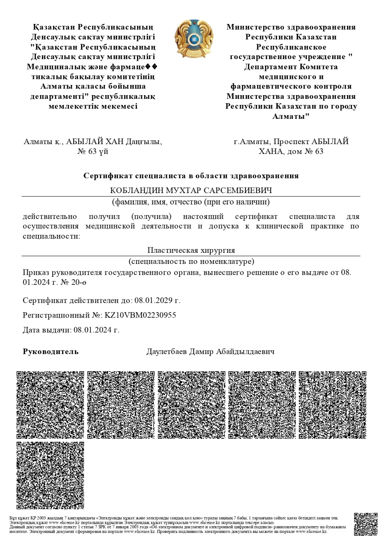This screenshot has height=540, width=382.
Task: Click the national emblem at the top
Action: click(x=194, y=39)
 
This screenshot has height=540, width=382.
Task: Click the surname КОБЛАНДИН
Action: click(x=137, y=191)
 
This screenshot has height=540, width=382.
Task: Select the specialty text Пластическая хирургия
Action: click(x=191, y=250)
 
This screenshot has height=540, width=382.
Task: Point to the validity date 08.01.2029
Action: click(x=155, y=300)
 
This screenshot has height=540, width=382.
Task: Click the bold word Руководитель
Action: click(x=51, y=351)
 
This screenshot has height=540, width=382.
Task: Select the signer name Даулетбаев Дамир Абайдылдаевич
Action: click(x=210, y=351)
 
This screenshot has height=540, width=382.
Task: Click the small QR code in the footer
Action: click(x=365, y=524)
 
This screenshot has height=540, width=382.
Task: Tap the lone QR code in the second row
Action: click(x=50, y=475)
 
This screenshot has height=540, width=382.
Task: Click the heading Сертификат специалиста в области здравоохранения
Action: click(x=191, y=175)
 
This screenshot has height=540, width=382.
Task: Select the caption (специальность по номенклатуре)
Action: click(x=191, y=261)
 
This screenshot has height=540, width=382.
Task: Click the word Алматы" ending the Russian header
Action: click(x=291, y=116)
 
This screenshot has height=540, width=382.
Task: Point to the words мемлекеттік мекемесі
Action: click(x=93, y=106)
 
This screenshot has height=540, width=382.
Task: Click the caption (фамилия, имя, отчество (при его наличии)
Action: click(x=191, y=202)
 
